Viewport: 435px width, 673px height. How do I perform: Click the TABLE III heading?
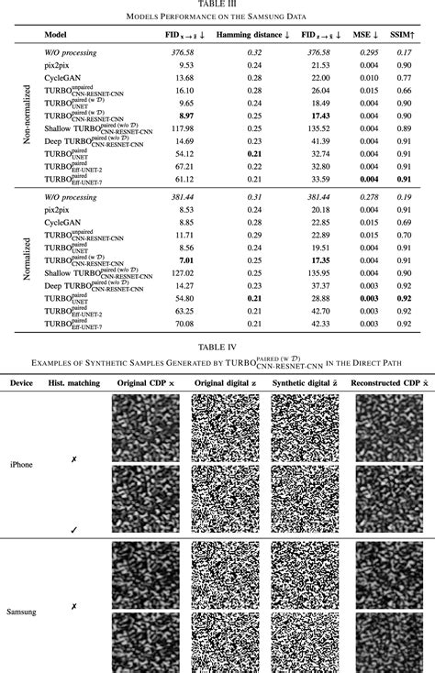pyautogui.click(x=217, y=5)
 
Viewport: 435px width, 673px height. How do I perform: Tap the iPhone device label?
pyautogui.click(x=20, y=465)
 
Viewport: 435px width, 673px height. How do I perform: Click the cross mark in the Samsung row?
pyautogui.click(x=75, y=607)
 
